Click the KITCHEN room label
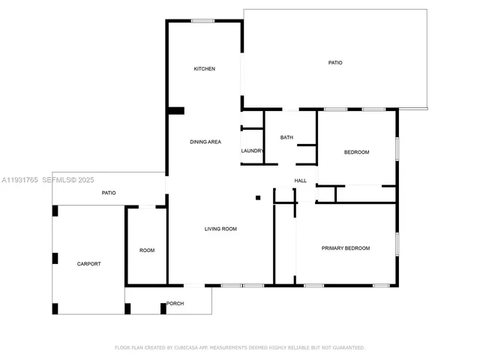click(205, 69)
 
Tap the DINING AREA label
click(205, 142)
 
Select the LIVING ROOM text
click(220, 229)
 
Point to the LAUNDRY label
click(252, 151)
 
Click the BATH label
click(286, 137)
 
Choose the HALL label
click(301, 181)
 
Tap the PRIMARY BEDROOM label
click(346, 248)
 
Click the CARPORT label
click(88, 264)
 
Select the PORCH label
click(175, 304)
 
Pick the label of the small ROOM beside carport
click(147, 250)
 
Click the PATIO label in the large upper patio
click(335, 62)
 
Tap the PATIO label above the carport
click(109, 193)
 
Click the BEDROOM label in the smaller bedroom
click(356, 152)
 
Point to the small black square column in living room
click(258, 198)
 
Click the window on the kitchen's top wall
click(202, 21)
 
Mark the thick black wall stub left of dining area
click(176, 111)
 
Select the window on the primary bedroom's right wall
click(397, 244)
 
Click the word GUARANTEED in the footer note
click(347, 348)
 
